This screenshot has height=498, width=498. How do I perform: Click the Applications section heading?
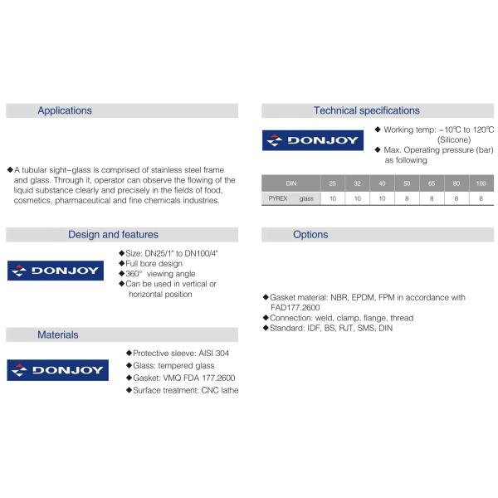(65, 110)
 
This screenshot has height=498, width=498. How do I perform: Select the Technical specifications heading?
(366, 110)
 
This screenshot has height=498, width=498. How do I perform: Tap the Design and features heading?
(113, 235)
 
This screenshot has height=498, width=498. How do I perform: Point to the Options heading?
(310, 235)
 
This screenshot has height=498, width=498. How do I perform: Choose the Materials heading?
(58, 334)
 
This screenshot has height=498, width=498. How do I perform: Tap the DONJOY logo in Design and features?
(55, 271)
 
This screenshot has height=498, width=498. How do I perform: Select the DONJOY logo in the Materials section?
(55, 370)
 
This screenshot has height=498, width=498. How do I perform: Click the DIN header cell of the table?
(290, 183)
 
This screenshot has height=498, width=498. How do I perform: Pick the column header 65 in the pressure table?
(432, 183)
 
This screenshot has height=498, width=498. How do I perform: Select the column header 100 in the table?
(481, 183)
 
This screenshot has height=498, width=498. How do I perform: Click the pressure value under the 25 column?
(333, 199)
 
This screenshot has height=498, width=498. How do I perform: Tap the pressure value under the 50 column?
(408, 199)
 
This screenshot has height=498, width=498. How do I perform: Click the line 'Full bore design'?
(158, 263)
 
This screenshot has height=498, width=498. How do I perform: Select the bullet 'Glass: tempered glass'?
(173, 365)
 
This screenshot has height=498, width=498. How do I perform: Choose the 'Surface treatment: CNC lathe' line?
(184, 390)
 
